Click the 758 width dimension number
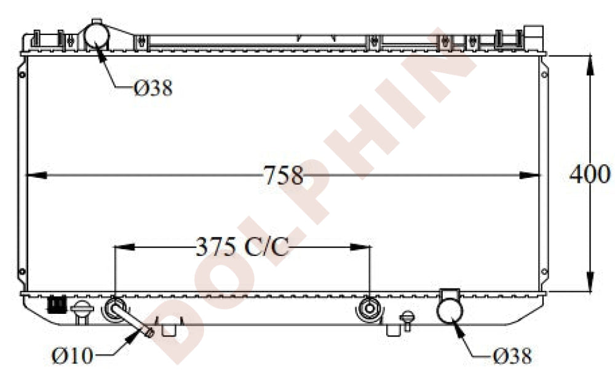point(283,175)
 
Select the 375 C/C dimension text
point(242,247)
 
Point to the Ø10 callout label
point(72,356)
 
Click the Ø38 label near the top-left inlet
point(153,88)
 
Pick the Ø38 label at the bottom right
point(512,356)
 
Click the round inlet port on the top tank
point(97,38)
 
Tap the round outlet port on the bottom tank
point(450,310)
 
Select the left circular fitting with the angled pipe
point(114,309)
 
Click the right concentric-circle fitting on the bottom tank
point(369,309)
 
